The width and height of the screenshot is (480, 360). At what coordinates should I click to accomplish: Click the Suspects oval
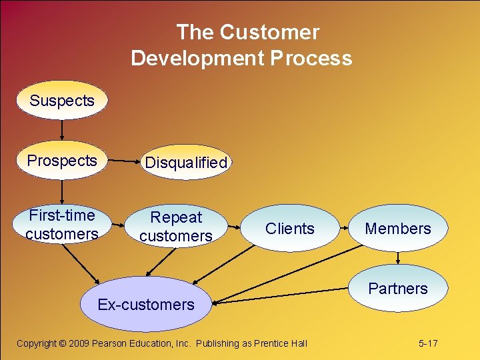(x=62, y=101)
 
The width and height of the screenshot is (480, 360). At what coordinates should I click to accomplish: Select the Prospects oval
(x=62, y=161)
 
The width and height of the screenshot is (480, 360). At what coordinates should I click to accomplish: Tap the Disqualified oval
(x=186, y=163)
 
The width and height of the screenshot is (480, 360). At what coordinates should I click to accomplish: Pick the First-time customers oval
(x=62, y=225)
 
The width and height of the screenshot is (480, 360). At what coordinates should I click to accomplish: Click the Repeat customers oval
(x=177, y=227)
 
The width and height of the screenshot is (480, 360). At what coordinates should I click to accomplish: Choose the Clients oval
(x=289, y=229)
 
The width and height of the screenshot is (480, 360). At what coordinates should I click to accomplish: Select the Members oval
(x=398, y=229)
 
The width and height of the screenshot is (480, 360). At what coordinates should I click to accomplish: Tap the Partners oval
(x=398, y=289)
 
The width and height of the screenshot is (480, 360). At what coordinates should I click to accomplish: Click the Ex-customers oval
(x=146, y=305)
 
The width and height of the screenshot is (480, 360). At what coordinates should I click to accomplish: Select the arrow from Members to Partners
(x=398, y=258)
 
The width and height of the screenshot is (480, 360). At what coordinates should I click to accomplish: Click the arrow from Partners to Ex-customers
(x=280, y=293)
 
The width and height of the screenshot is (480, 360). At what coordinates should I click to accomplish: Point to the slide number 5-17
(x=428, y=343)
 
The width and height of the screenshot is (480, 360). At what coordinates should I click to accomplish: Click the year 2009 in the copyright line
(x=79, y=343)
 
